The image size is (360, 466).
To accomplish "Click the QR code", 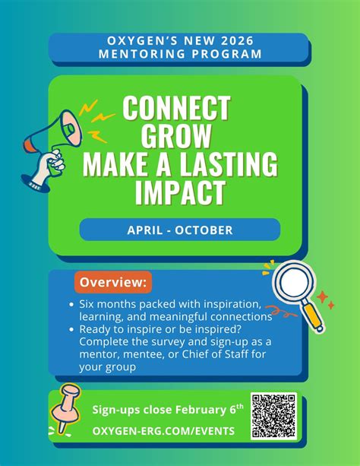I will tap(273, 416).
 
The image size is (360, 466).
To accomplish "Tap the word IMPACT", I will tap(179, 192).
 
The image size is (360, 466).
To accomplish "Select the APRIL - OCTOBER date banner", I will tap(179, 230).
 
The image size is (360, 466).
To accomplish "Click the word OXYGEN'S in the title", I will tap(140, 40).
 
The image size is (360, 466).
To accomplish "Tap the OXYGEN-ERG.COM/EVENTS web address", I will tap(163, 431).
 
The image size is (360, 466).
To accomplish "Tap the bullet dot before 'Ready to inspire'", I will tap(71, 330).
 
